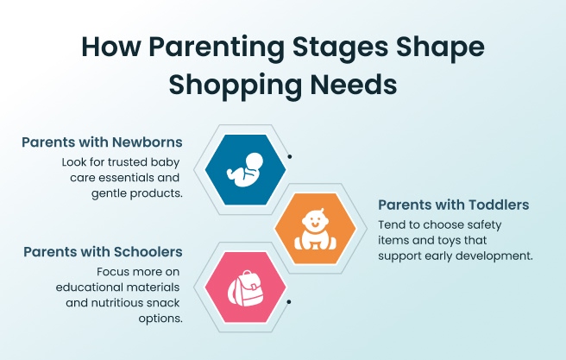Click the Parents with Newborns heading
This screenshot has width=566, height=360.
click(102, 142)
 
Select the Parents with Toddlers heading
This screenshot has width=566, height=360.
click(453, 205)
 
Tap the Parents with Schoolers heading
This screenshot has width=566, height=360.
click(103, 252)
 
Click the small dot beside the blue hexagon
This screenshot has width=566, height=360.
click(288, 157)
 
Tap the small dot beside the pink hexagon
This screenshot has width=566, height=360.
click(288, 302)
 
